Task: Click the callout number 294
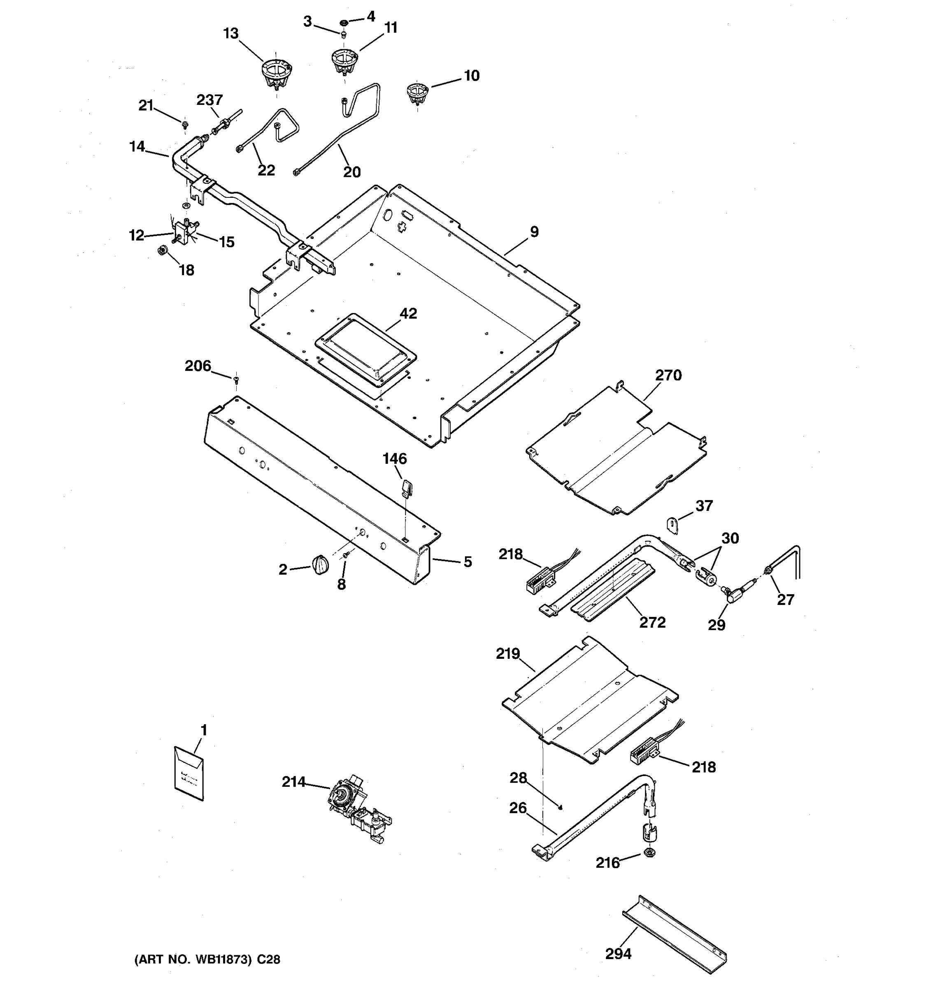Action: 618,954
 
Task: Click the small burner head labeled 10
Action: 417,93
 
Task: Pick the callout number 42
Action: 408,313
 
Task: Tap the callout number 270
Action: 668,375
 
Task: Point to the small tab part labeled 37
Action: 672,525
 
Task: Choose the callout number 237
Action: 209,100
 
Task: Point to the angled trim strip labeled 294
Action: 674,929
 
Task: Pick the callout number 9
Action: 534,232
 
